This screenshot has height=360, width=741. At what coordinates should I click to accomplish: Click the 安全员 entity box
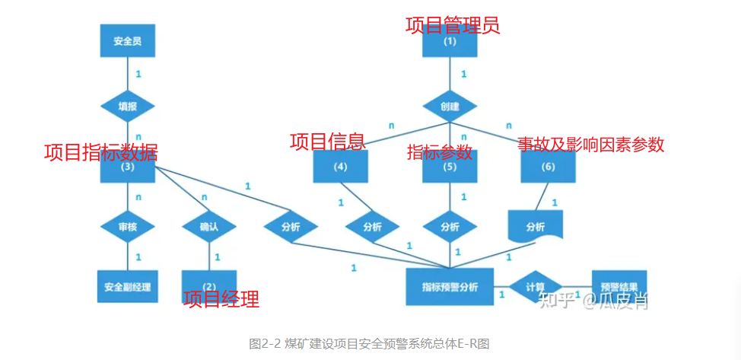point(127,41)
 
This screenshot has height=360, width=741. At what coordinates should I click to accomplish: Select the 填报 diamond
point(127,107)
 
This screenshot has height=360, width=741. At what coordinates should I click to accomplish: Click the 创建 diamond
point(450,107)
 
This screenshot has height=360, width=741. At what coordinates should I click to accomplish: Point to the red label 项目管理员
point(453,26)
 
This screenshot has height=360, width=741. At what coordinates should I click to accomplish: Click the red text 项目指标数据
point(100,152)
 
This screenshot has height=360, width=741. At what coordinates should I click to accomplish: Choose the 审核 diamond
point(127,227)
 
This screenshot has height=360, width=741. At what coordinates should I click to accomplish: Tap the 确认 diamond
point(208,227)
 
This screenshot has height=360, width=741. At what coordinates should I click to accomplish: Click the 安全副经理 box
point(127,287)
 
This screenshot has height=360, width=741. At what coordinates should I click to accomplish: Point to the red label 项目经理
point(221,299)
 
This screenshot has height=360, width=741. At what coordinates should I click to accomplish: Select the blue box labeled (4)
point(340,167)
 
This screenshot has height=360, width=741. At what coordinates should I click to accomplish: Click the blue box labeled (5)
point(450,167)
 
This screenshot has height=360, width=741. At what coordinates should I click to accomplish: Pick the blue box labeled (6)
point(548,167)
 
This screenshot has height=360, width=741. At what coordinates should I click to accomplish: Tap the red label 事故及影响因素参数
point(590,145)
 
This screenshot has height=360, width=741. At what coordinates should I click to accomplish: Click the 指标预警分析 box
point(450,287)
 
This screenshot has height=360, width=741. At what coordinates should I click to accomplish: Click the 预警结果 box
point(619,287)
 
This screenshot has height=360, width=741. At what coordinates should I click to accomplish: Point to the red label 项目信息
point(327,142)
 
